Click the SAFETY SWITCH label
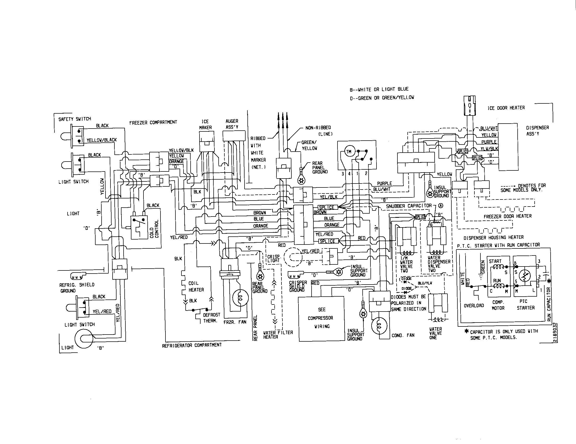75,119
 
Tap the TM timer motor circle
348,152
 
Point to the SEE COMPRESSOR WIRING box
321,318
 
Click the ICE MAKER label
205,124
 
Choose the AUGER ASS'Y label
232,124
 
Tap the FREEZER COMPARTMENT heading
153,122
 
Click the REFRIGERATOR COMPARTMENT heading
192,345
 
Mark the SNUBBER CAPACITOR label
408,206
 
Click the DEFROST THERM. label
211,318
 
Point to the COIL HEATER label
196,286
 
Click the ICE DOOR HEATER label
506,108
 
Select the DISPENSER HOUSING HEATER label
494,237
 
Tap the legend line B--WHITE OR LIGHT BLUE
379,89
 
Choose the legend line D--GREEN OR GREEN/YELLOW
382,98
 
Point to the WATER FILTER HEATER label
278,335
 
